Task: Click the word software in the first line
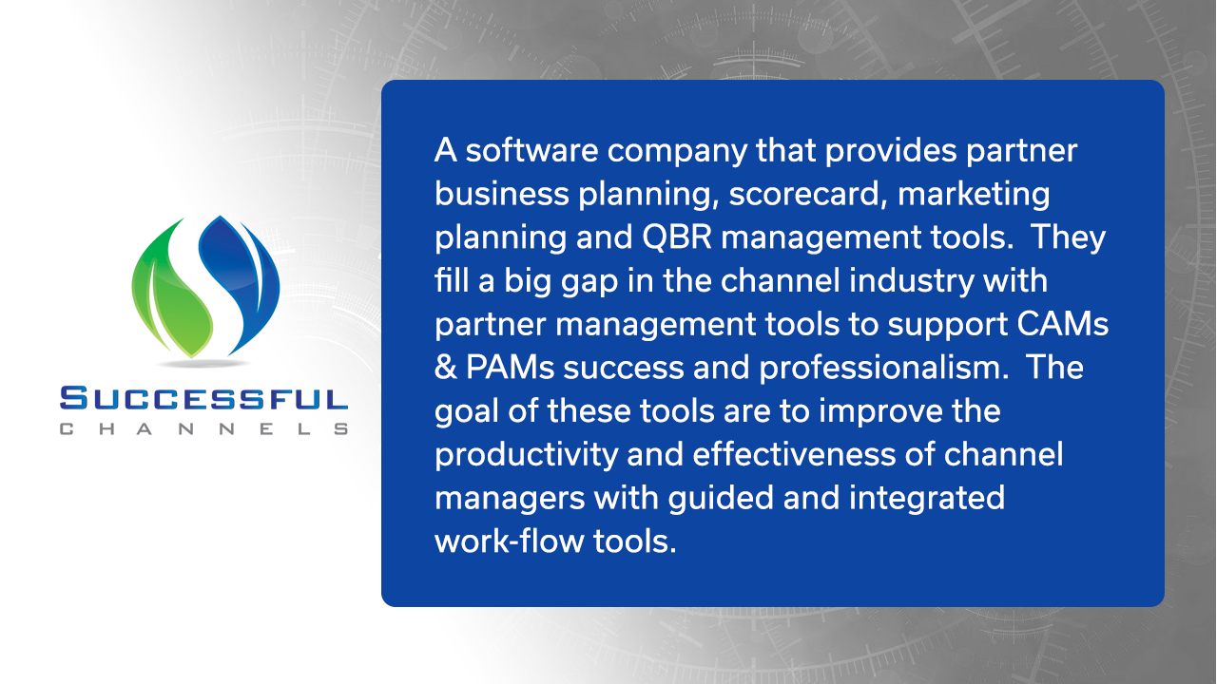click(x=531, y=150)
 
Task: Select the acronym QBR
click(x=677, y=237)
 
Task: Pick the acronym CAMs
click(x=1062, y=324)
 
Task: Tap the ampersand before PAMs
click(x=445, y=368)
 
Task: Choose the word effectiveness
click(x=794, y=454)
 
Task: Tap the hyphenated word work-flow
click(x=509, y=541)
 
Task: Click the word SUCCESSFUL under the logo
click(x=203, y=398)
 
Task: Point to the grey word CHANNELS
click(x=203, y=428)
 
